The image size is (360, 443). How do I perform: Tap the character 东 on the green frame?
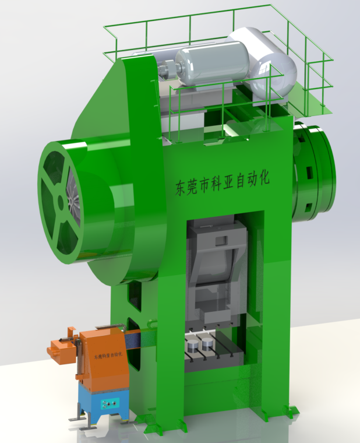pos(181,188)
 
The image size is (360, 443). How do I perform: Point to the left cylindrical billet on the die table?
pos(193,347)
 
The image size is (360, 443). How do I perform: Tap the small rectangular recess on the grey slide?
pos(221,241)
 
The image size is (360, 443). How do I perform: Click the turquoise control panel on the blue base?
pos(110,405)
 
